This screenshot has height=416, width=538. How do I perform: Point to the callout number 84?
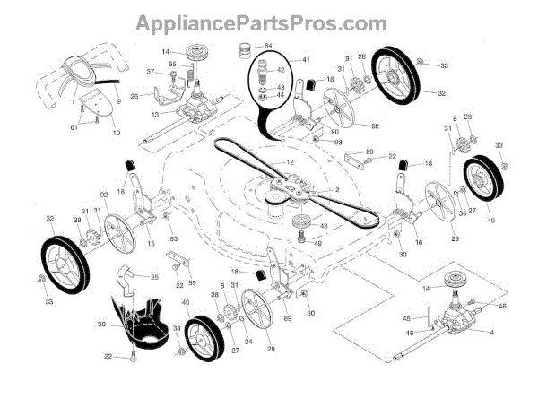[x=270, y=44]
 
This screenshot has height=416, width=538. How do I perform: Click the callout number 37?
[x=150, y=72]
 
